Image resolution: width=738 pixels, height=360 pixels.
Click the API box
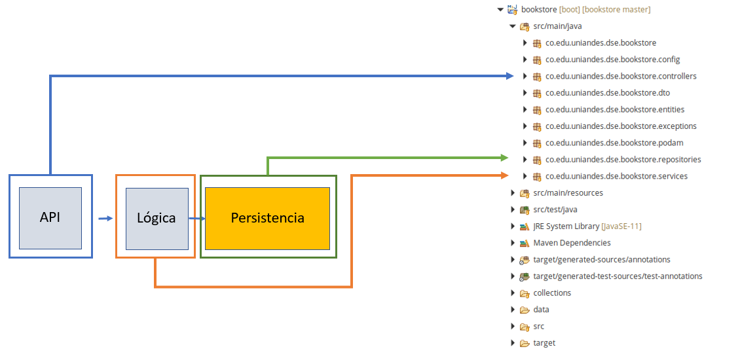[x=50, y=218]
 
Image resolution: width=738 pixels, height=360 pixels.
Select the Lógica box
[x=157, y=218]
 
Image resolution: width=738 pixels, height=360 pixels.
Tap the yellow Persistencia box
[x=267, y=218]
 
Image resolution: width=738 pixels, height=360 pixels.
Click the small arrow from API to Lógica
[x=106, y=219]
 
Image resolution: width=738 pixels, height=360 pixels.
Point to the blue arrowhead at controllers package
[x=509, y=76]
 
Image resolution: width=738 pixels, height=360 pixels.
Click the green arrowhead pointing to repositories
[x=505, y=158]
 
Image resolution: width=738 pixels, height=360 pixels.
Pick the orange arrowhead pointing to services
[x=505, y=175]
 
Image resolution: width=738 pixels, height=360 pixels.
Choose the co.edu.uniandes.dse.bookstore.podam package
[x=614, y=143]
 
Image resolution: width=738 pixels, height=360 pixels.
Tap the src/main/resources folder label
[x=568, y=192]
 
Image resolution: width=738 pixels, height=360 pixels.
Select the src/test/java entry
[x=555, y=209]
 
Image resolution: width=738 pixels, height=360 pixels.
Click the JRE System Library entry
[x=587, y=226]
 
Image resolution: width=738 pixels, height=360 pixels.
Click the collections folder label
[x=552, y=293]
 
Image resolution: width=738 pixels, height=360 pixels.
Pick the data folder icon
[x=525, y=310]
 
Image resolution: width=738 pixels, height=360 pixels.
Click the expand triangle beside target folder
[x=513, y=342]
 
